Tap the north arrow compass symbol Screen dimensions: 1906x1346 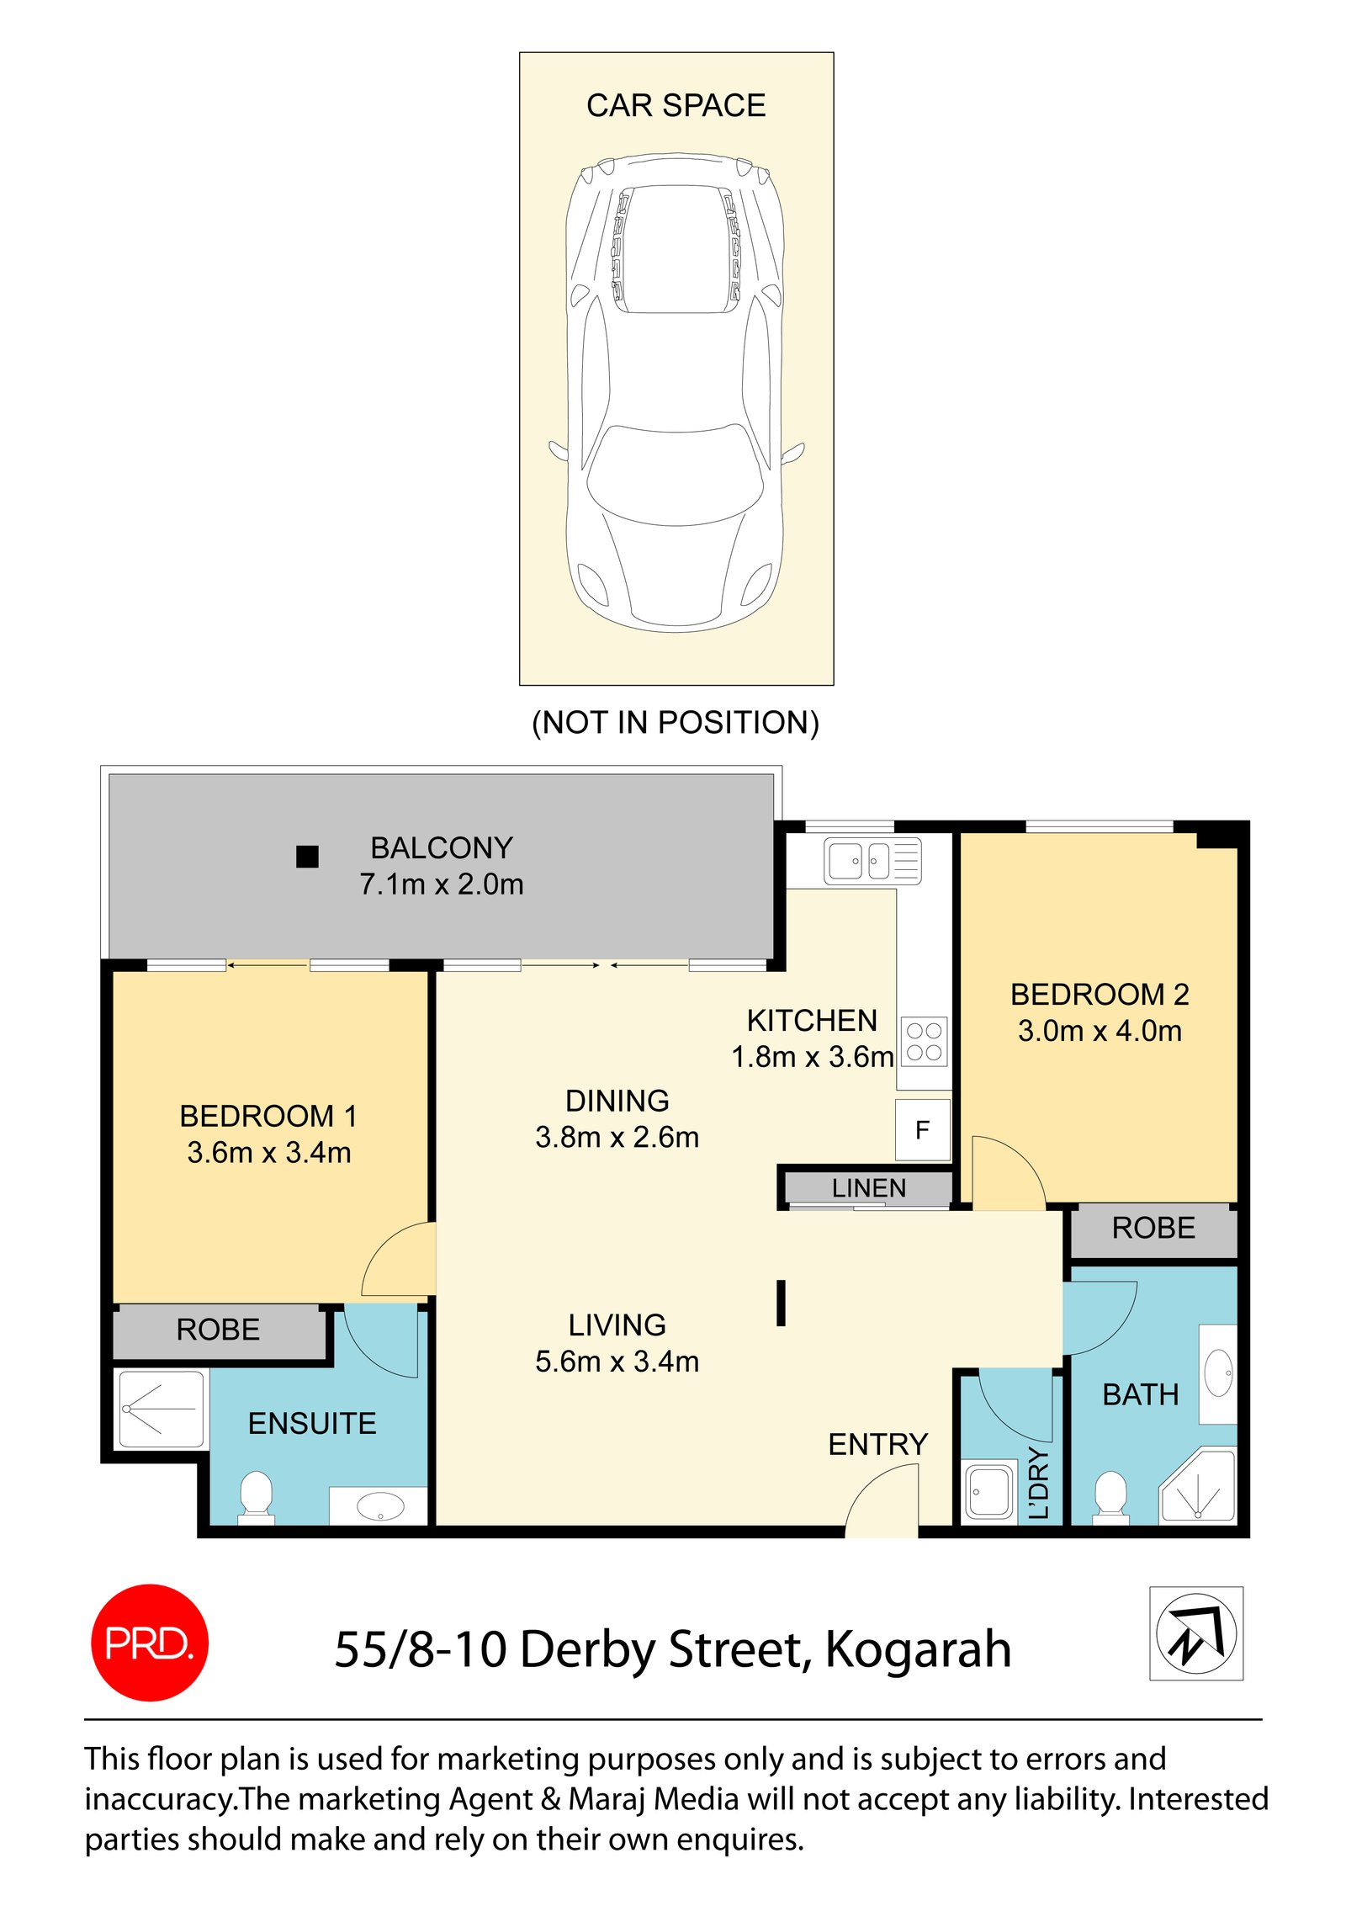coord(1195,1633)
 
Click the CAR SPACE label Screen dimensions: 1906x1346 coord(676,105)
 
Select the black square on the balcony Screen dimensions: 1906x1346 coord(307,856)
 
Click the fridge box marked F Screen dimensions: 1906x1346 coord(922,1129)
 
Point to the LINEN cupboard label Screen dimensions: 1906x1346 coord(868,1188)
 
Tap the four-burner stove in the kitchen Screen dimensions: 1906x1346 coord(924,1042)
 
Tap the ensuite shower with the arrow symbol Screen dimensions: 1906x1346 coord(161,1408)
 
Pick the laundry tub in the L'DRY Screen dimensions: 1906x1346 coord(988,1491)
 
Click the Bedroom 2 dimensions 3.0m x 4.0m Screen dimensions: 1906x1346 coord(1099,1031)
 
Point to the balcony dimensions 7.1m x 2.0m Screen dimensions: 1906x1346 coord(441,884)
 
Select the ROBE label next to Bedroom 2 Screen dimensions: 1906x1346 coord(1153,1228)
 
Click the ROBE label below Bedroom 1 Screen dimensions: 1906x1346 coord(218,1330)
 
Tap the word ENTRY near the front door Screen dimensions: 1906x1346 coord(877,1444)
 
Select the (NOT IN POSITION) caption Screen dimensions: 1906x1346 coord(675,723)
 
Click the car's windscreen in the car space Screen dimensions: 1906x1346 coord(675,475)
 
